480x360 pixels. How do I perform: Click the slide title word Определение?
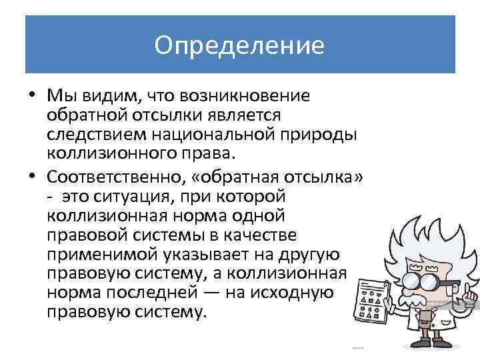pos(239,45)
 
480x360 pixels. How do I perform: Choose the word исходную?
pos(301,293)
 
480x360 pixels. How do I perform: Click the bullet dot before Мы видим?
pos(33,95)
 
